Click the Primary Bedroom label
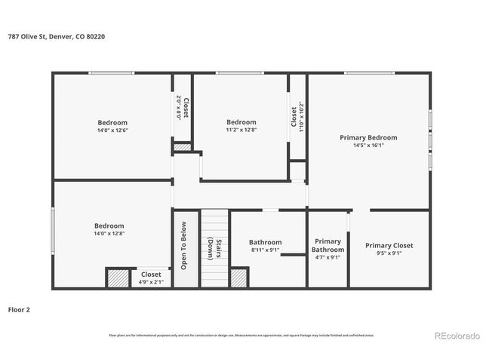click(368, 137)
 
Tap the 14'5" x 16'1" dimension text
click(368, 146)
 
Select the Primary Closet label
click(389, 245)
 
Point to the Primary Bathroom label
click(328, 245)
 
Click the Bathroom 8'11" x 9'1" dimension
click(265, 250)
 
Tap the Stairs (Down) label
click(214, 249)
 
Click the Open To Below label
click(183, 245)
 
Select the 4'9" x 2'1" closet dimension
click(151, 282)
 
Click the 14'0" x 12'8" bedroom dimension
click(109, 234)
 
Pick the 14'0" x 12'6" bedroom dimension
click(112, 130)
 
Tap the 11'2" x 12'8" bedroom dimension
click(241, 130)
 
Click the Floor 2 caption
click(19, 309)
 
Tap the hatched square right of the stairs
click(239, 278)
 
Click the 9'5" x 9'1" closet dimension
click(389, 254)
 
